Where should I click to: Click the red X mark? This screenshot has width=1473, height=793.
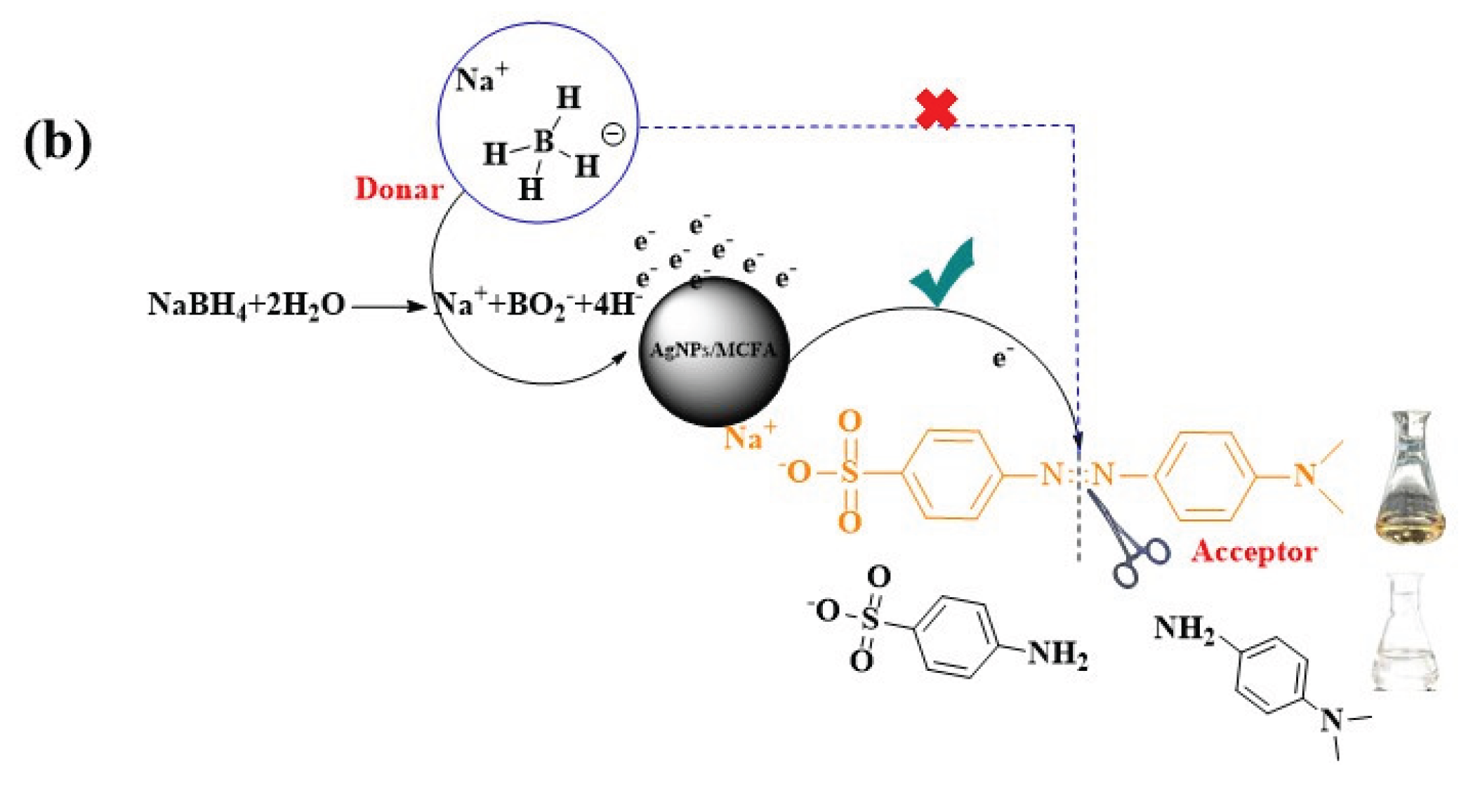937,109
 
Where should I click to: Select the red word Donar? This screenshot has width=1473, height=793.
399,189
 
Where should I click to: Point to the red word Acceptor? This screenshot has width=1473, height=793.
1254,552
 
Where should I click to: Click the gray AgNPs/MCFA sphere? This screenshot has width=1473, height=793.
713,351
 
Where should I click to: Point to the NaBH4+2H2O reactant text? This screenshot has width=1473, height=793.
246,305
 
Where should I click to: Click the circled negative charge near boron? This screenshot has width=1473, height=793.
613,133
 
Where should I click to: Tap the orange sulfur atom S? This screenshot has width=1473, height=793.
850,473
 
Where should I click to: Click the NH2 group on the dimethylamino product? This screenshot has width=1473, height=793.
1184,629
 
